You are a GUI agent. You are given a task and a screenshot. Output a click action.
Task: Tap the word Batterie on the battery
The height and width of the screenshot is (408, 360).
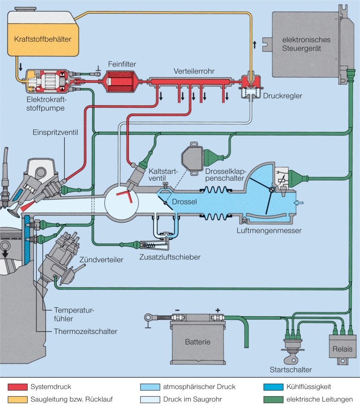point(197,341)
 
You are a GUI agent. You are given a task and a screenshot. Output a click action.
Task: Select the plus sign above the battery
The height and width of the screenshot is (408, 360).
point(217,311)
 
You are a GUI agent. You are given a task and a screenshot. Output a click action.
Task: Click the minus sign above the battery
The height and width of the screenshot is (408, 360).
point(177,311)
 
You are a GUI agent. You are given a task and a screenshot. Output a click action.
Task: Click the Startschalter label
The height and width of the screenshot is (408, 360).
point(291,370)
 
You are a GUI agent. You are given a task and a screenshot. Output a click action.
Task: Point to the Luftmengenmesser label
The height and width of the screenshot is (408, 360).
point(269,230)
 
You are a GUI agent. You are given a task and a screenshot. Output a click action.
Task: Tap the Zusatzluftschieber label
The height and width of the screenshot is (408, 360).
point(170,257)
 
